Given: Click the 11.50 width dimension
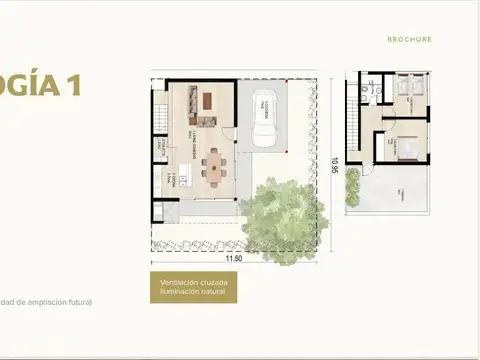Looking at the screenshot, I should (x=234, y=258).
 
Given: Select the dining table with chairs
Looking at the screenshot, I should (x=215, y=164).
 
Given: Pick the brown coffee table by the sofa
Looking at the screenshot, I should (x=208, y=100).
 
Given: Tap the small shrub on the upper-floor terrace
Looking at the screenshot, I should (x=352, y=176).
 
